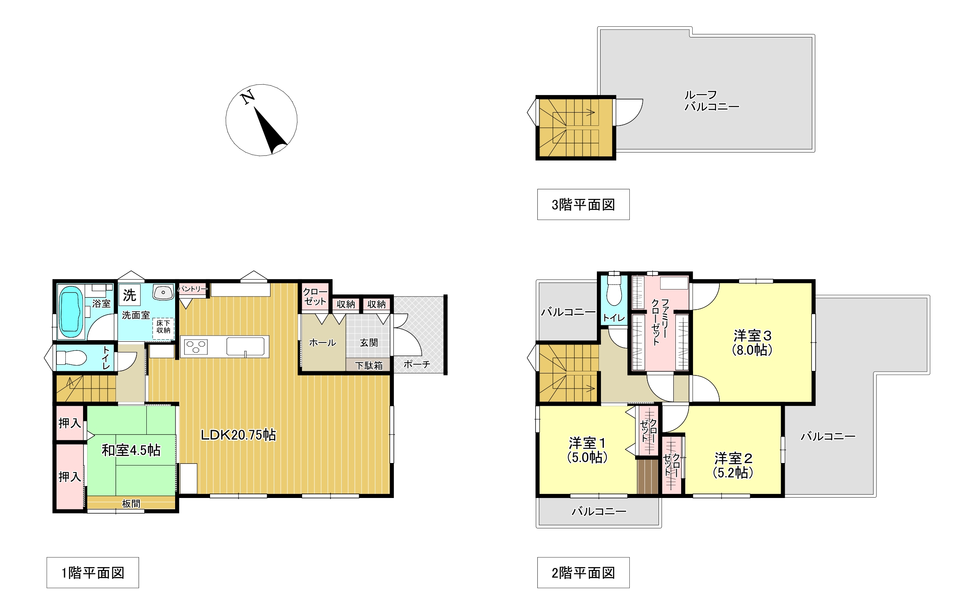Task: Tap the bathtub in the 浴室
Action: pos(70,311)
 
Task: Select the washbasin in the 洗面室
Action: pos(163,292)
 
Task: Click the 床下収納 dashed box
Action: pos(163,329)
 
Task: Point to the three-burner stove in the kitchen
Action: pos(196,347)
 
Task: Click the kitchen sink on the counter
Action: pos(246,347)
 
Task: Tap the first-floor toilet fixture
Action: pos(71,357)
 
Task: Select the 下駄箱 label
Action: pos(369,365)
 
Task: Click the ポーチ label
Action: pos(417,364)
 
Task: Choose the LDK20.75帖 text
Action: pos(238,435)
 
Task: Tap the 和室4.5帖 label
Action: pos(131,450)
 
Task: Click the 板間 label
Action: pos(131,503)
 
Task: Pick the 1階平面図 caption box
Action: pos(92,572)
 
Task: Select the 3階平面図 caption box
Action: pos(583,204)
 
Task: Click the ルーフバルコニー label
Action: pos(712,101)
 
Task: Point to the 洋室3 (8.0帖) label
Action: pos(752,343)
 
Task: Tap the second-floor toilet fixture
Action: pos(614,290)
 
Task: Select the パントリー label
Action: pos(192,289)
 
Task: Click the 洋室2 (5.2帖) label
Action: pos(733,465)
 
